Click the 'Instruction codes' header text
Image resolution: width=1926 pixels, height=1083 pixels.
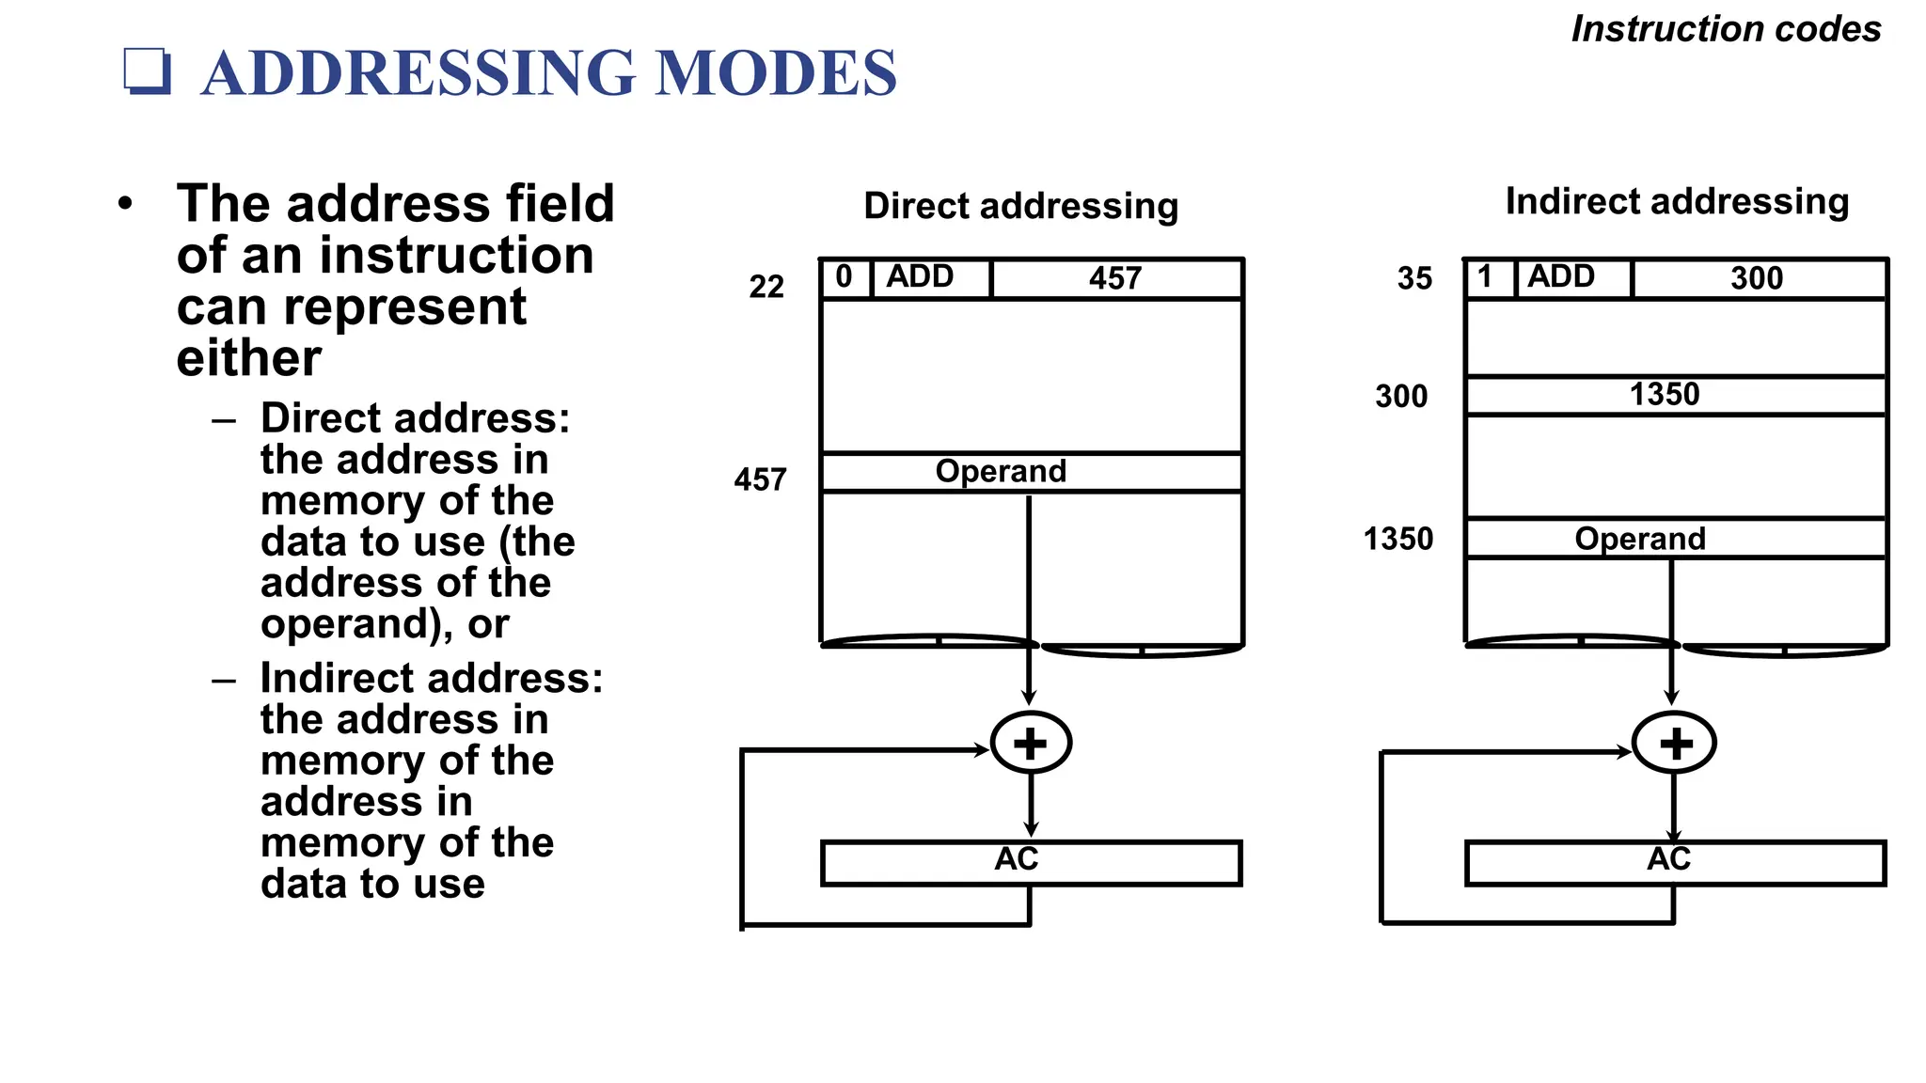pos(1726,29)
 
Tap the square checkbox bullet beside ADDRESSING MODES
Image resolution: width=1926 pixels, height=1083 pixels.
pos(148,71)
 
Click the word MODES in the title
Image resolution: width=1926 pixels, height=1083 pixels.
pos(776,72)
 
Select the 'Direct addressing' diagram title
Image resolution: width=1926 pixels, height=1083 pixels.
pos(1020,206)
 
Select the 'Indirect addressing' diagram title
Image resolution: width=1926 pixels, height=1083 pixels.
pos(1677,201)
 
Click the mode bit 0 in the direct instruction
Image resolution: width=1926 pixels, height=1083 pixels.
pos(845,277)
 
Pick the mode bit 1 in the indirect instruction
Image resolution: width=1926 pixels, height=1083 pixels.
pos(1486,277)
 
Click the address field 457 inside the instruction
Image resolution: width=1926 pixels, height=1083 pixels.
pos(1115,278)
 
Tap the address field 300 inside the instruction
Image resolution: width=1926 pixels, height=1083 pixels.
pos(1757,278)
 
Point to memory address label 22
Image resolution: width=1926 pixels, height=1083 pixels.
pos(766,287)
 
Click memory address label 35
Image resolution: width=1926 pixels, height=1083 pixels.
pos(1414,279)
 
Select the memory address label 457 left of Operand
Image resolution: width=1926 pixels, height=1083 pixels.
pos(760,480)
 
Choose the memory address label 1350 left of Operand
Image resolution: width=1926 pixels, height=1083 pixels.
pos(1398,540)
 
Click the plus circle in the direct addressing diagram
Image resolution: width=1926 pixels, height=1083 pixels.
pos(1031,743)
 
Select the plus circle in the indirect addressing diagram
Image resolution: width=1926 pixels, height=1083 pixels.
pos(1675,744)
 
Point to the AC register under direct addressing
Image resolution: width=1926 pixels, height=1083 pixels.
pos(1031,862)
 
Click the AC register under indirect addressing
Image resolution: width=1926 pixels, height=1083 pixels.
pos(1675,862)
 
